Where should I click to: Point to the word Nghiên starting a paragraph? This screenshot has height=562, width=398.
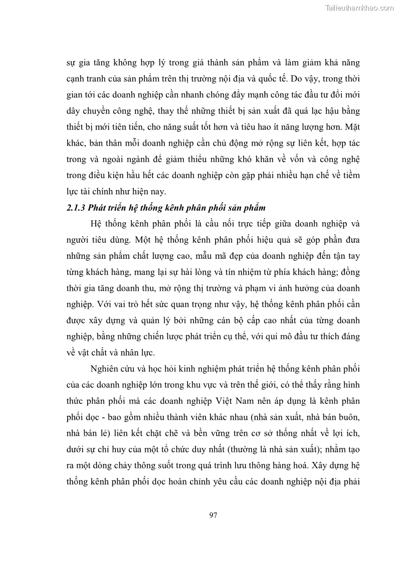point(106,369)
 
